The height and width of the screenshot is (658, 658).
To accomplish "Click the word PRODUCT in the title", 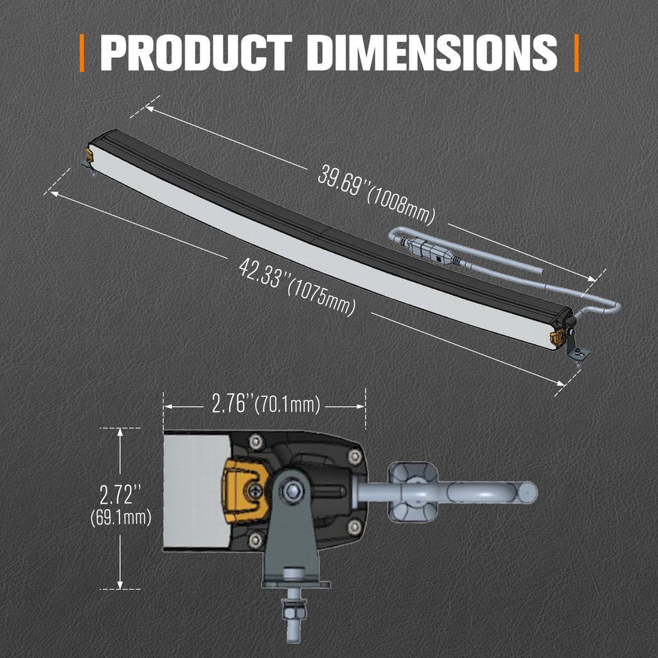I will [x=196, y=53].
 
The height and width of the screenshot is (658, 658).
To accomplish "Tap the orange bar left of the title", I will [x=82, y=53].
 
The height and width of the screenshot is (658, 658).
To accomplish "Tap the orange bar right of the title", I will [x=576, y=53].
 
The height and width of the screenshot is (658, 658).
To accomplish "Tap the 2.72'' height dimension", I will [x=120, y=494].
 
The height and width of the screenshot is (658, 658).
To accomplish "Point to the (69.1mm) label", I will [x=121, y=517].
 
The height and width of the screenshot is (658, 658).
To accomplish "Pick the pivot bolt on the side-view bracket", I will [x=294, y=492].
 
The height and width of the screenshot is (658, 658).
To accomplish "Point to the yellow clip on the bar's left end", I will [x=89, y=155].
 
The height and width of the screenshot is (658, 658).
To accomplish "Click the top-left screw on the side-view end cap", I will [x=256, y=441].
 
